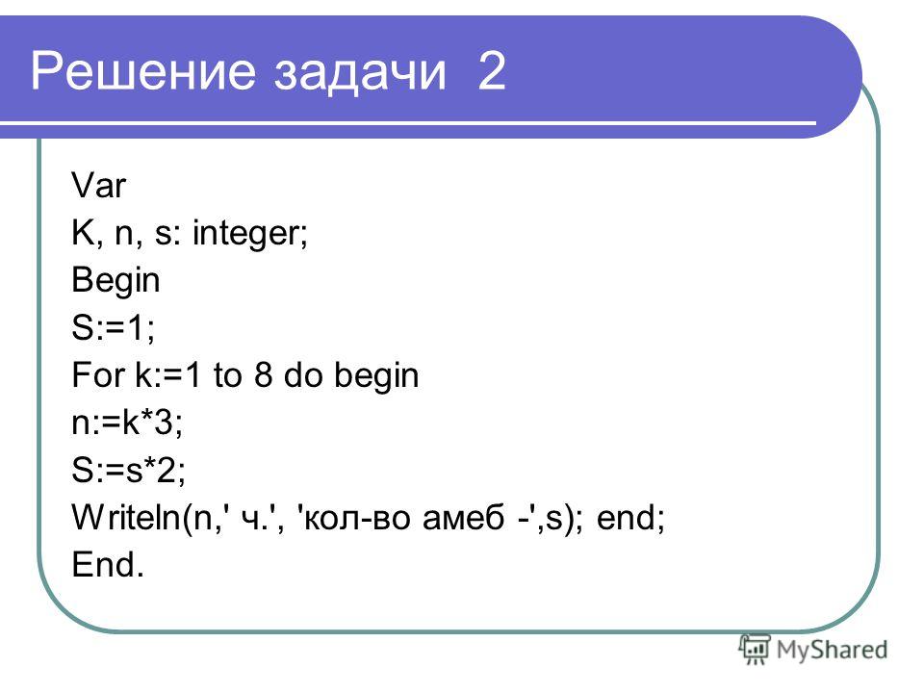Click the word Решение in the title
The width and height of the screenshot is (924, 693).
point(142,70)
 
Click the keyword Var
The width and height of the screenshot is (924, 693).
point(98,185)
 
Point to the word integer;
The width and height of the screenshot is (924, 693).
point(250,234)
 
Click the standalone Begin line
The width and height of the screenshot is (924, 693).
point(115,280)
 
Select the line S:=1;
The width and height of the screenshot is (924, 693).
point(114,327)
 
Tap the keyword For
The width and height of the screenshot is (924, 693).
point(99,374)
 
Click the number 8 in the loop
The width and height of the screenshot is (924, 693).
point(264,374)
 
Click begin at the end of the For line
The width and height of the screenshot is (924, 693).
point(376,376)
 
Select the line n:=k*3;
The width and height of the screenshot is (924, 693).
point(127,422)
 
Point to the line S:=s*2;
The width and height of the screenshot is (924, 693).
point(128,470)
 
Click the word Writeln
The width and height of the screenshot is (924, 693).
point(125,517)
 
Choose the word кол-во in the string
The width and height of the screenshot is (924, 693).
point(359,518)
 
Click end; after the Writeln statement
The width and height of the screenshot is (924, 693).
point(630,518)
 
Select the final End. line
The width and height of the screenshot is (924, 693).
point(108,564)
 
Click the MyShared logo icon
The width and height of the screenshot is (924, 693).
point(755,649)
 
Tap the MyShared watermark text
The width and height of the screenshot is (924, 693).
point(832,650)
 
